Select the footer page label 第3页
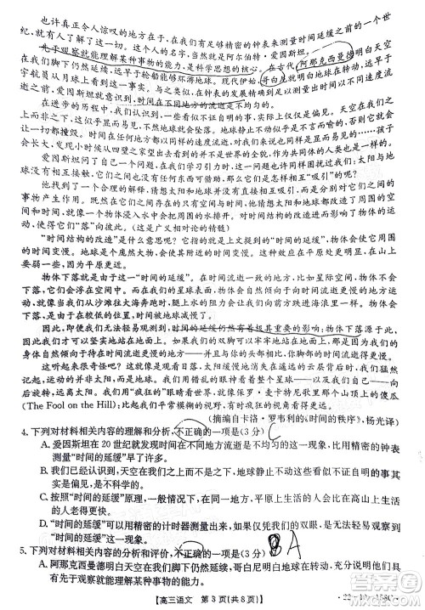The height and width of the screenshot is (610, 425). pos(223,602)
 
